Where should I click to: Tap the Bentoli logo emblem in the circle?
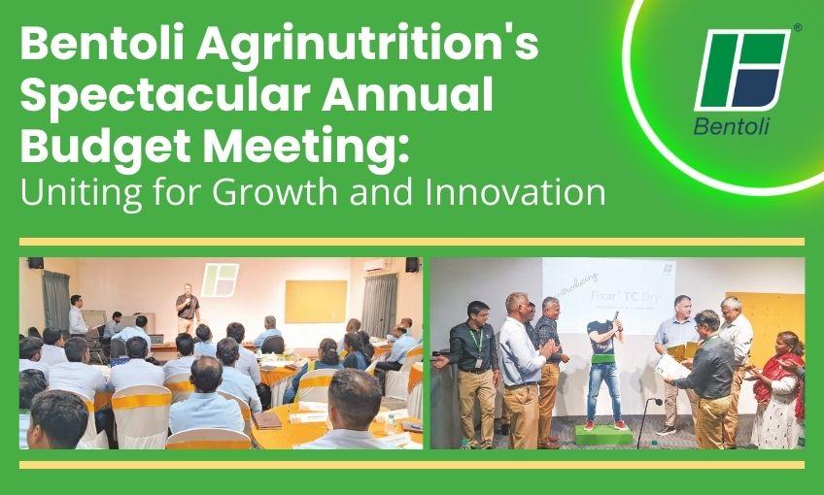coord(743,70)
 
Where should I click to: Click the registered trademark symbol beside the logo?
coord(798,29)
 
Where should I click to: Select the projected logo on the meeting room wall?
coord(221,279)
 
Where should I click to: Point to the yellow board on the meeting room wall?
coord(315,301)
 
